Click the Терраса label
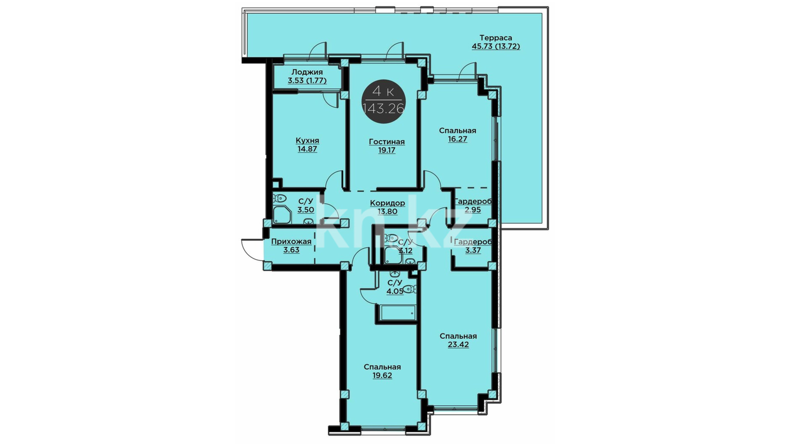(x=496, y=38)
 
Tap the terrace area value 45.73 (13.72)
(x=496, y=46)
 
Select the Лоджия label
(x=307, y=72)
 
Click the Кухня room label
(x=307, y=141)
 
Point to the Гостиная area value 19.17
(x=387, y=150)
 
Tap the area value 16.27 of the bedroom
(x=458, y=139)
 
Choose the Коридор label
(x=387, y=203)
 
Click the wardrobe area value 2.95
(x=473, y=210)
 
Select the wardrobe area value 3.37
(x=473, y=250)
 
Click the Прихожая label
(x=291, y=242)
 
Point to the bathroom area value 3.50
(x=306, y=210)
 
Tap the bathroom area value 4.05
(x=395, y=291)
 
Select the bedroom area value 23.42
(x=458, y=345)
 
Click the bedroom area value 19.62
(x=382, y=376)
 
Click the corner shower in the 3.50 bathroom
(x=282, y=215)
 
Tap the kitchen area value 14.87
(x=307, y=149)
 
